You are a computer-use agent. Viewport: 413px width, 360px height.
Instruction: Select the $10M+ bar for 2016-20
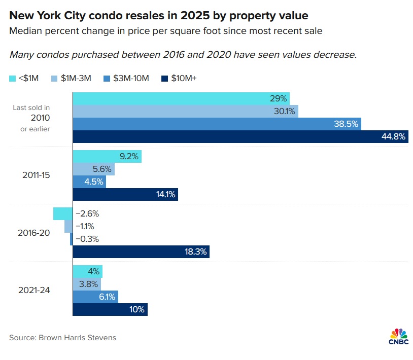pyautogui.click(x=141, y=252)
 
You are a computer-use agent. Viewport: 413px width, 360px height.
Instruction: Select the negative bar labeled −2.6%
pyautogui.click(x=63, y=213)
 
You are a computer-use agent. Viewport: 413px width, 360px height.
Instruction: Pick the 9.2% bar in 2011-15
pyautogui.click(x=107, y=156)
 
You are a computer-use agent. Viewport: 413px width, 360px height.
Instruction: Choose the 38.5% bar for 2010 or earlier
pyautogui.click(x=217, y=124)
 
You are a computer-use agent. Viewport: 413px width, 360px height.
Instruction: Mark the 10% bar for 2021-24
pyautogui.click(x=110, y=309)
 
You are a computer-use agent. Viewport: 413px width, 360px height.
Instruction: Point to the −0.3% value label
pyautogui.click(x=87, y=239)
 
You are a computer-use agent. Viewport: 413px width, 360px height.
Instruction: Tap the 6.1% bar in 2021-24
pyautogui.click(x=95, y=297)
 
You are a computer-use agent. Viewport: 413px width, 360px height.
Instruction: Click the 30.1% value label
pyautogui.click(x=284, y=111)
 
